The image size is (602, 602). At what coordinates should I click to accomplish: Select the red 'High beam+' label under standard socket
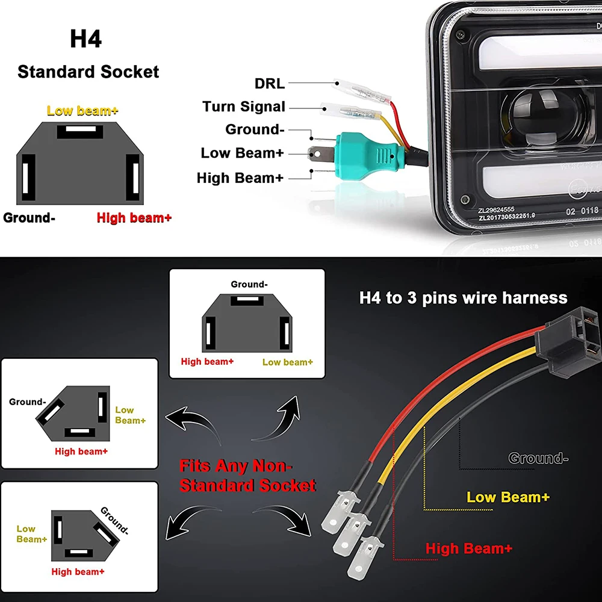point(134,218)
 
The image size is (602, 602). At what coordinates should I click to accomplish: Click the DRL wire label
point(270,83)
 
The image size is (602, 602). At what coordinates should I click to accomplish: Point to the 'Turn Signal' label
point(244,107)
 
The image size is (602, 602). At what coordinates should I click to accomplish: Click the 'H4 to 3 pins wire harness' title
point(463,297)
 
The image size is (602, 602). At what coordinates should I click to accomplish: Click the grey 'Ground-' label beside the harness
point(538,459)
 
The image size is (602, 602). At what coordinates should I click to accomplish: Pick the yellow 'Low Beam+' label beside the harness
point(508,497)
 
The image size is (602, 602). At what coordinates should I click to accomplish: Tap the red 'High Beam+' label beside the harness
point(469,548)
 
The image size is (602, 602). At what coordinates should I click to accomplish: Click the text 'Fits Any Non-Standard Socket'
point(247,475)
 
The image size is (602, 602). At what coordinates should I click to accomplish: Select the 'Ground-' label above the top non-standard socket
point(249,284)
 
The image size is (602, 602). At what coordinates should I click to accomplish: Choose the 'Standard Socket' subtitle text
point(88,72)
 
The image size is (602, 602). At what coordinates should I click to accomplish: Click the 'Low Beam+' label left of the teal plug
point(242,153)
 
